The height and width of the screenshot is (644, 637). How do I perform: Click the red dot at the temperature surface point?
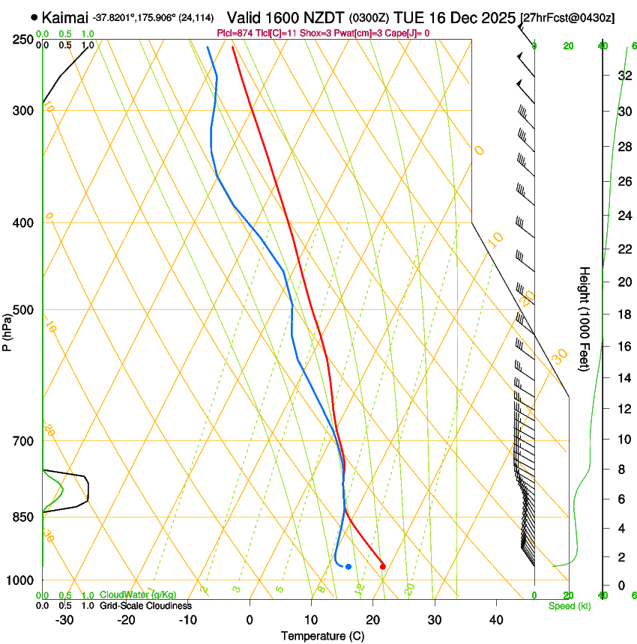(x=383, y=566)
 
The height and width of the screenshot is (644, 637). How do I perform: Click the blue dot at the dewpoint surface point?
(x=348, y=566)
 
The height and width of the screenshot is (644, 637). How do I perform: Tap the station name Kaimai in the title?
(x=65, y=17)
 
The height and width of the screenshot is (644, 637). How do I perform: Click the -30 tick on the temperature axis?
(x=64, y=620)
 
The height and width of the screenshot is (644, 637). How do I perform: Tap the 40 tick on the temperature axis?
(x=496, y=620)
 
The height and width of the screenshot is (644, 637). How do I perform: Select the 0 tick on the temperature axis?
(x=250, y=620)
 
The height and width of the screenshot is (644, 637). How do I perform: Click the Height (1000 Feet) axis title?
(x=585, y=318)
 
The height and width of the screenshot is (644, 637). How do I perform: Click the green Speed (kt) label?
(x=569, y=606)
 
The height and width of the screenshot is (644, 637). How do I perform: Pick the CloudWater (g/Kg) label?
(x=138, y=595)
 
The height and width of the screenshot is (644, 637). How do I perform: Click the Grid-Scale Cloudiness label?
(x=145, y=606)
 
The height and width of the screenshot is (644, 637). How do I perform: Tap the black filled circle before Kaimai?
(x=34, y=17)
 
